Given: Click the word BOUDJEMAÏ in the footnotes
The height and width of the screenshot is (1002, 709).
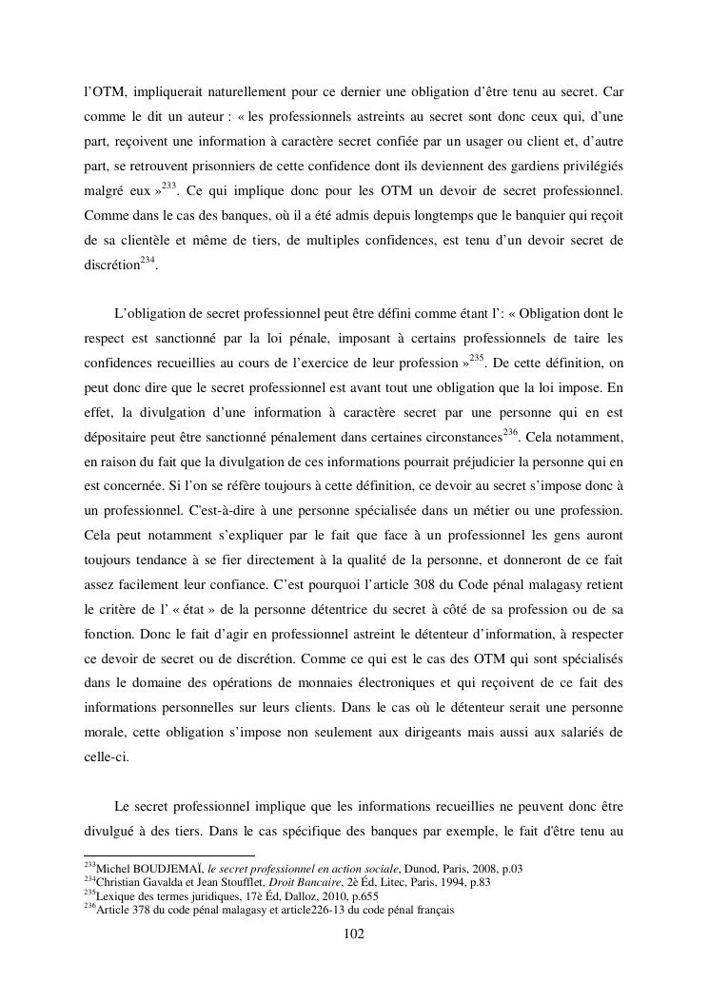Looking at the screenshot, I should tap(161, 869).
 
